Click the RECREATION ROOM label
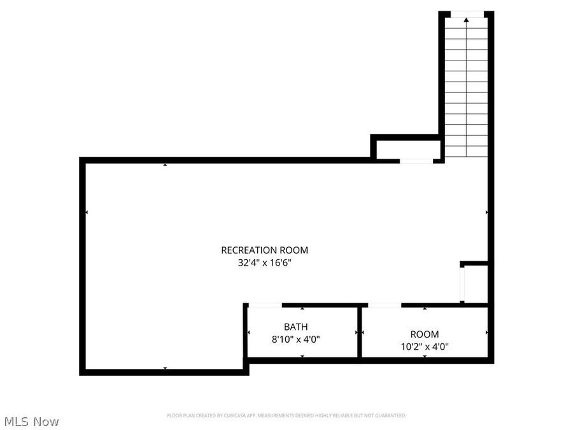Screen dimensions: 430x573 tap(264, 250)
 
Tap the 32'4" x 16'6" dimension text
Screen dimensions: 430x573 tap(264, 262)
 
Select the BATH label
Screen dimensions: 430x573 tap(295, 327)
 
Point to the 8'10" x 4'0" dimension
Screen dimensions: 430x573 tap(295, 340)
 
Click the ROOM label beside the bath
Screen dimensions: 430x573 tap(424, 334)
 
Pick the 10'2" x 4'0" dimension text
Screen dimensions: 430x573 tap(424, 347)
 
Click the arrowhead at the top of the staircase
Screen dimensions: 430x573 tap(466, 20)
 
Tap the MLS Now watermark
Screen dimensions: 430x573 tap(31, 422)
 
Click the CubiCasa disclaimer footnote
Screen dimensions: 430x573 tap(286, 415)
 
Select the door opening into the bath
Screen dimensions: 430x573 tap(264, 306)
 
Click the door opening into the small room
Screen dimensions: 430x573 tap(385, 306)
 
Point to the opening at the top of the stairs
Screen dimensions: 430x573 tap(467, 13)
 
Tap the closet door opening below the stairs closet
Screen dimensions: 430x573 tap(416, 161)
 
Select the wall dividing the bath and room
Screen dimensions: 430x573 tap(360, 333)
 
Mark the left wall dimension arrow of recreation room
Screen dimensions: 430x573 tap(87, 212)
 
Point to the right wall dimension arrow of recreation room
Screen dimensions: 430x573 tap(487, 212)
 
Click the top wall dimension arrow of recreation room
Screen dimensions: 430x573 tap(165, 165)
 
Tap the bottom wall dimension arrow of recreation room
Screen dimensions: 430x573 tap(165, 368)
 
